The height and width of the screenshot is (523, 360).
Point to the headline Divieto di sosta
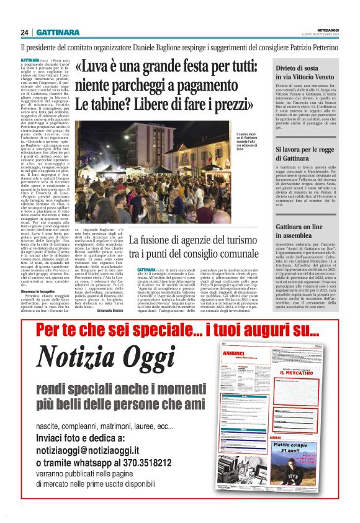(x=300, y=70)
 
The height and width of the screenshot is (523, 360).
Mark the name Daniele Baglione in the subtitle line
(x=160, y=47)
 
